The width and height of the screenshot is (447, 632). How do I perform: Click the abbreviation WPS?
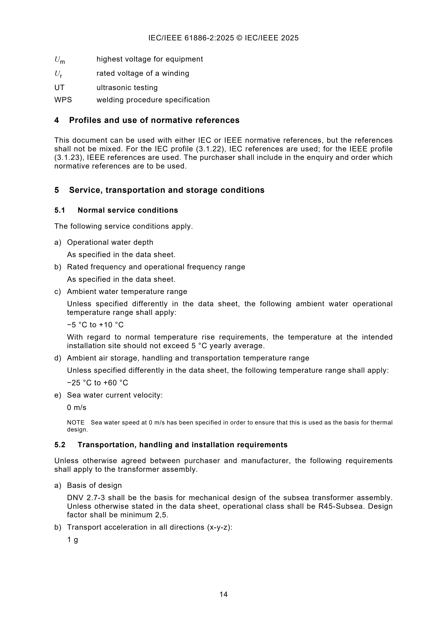pos(63,100)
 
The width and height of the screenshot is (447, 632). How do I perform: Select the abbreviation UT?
pos(59,88)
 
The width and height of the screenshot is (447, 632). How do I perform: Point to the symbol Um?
pos(59,60)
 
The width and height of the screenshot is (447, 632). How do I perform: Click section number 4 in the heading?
pos(56,120)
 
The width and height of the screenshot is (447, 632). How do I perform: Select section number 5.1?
pos(60,210)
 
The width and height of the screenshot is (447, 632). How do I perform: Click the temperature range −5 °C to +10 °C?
pos(95,325)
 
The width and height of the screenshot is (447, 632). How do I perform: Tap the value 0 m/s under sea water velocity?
pos(77,407)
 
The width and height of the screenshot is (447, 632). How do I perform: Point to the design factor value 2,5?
pos(162,515)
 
